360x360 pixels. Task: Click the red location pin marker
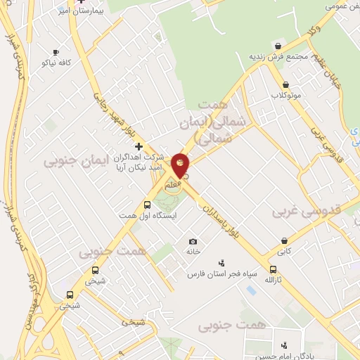(181, 166)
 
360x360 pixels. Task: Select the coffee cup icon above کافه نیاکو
(56, 52)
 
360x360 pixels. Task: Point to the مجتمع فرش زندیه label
(278, 56)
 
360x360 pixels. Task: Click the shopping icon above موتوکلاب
(276, 82)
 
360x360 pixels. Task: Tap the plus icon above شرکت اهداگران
(139, 146)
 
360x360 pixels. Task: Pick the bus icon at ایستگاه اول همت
(146, 205)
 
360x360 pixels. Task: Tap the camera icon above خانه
(193, 241)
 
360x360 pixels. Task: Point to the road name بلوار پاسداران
(225, 220)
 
